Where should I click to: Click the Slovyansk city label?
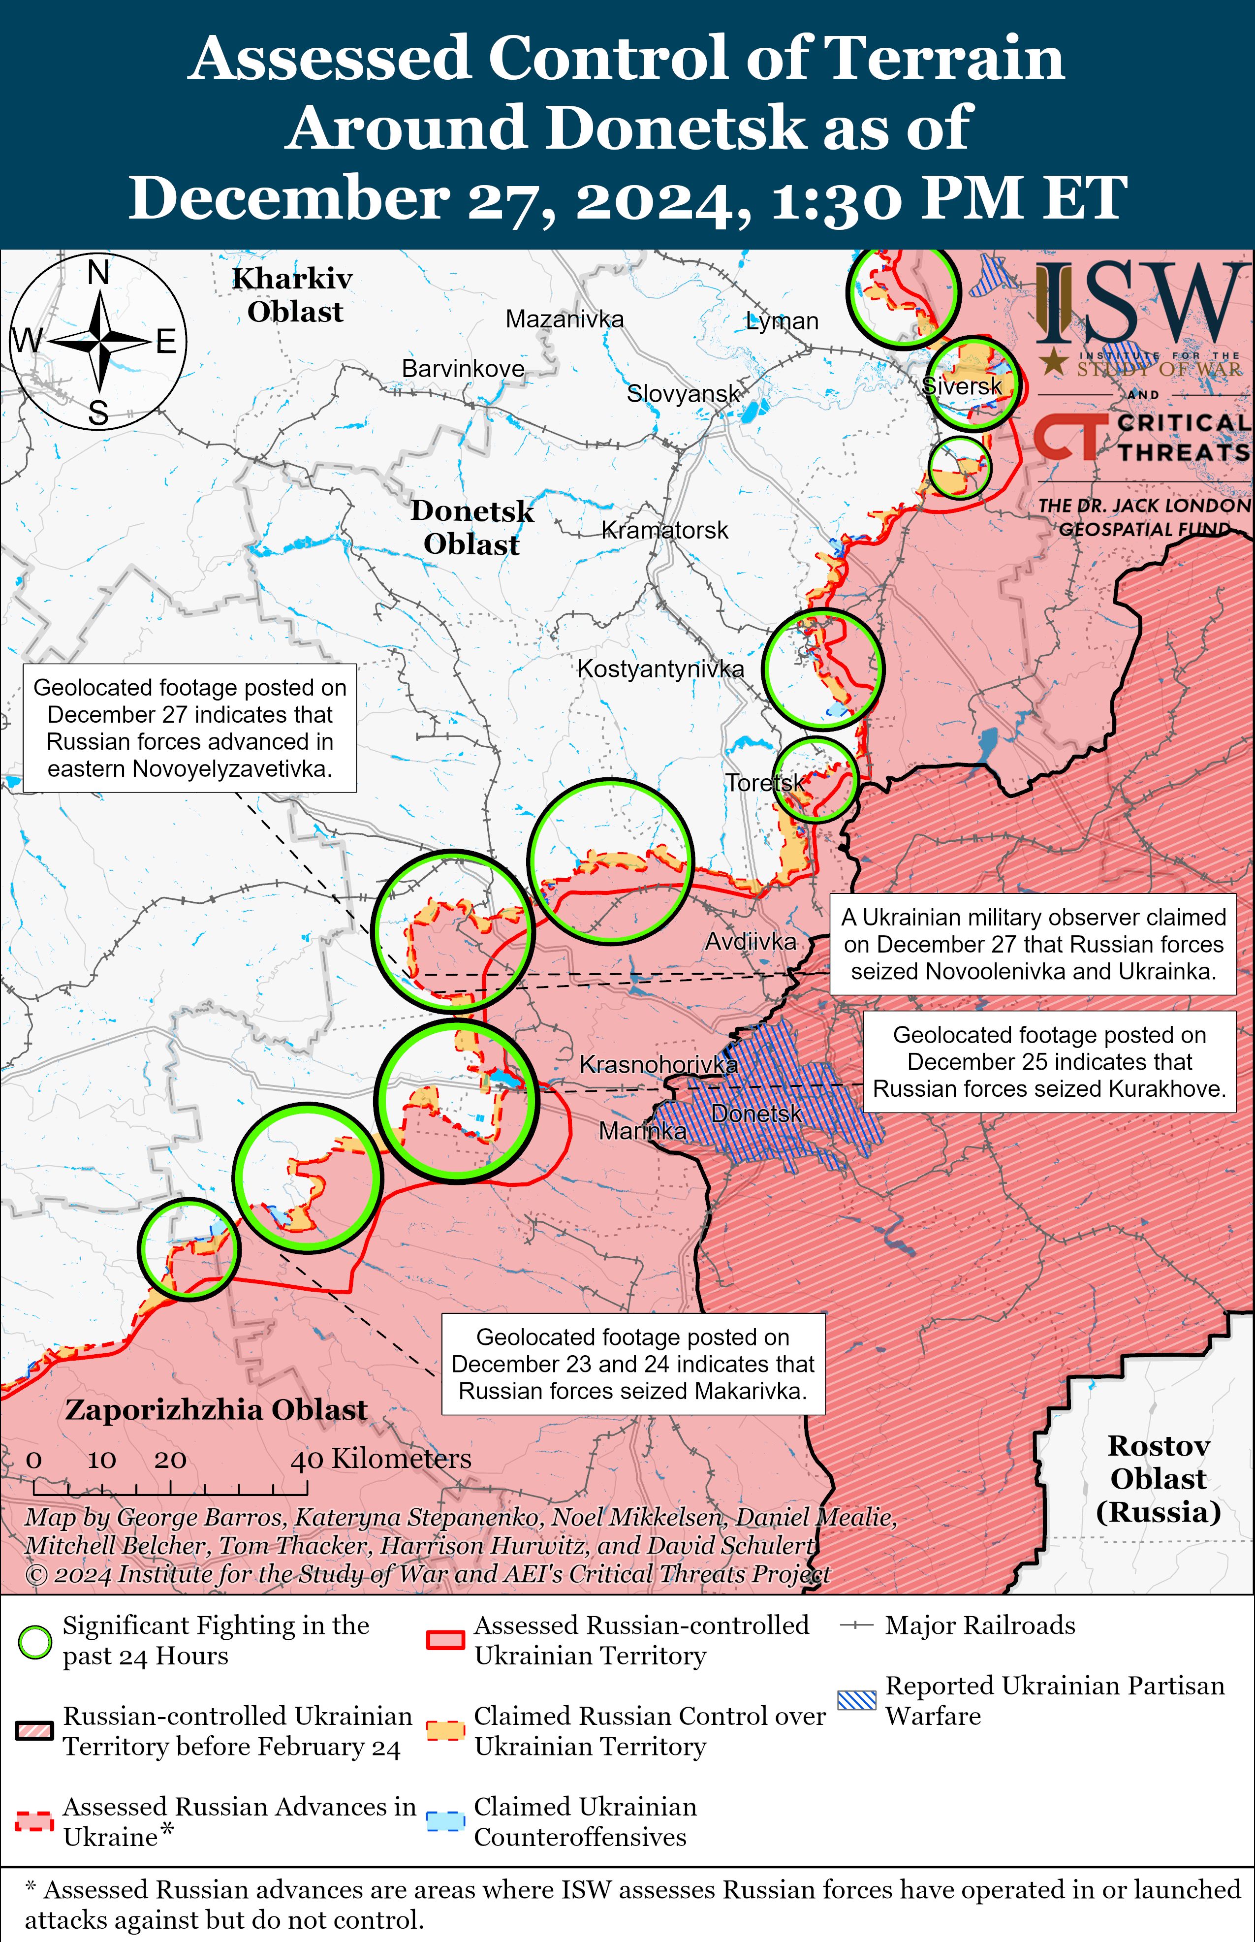683,394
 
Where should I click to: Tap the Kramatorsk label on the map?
664,531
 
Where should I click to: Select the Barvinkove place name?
463,368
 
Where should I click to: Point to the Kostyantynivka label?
660,669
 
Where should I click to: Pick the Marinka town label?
642,1131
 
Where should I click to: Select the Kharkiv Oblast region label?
293,295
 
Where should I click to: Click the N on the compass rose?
98,272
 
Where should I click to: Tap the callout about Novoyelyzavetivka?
190,728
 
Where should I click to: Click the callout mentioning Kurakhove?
1049,1062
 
